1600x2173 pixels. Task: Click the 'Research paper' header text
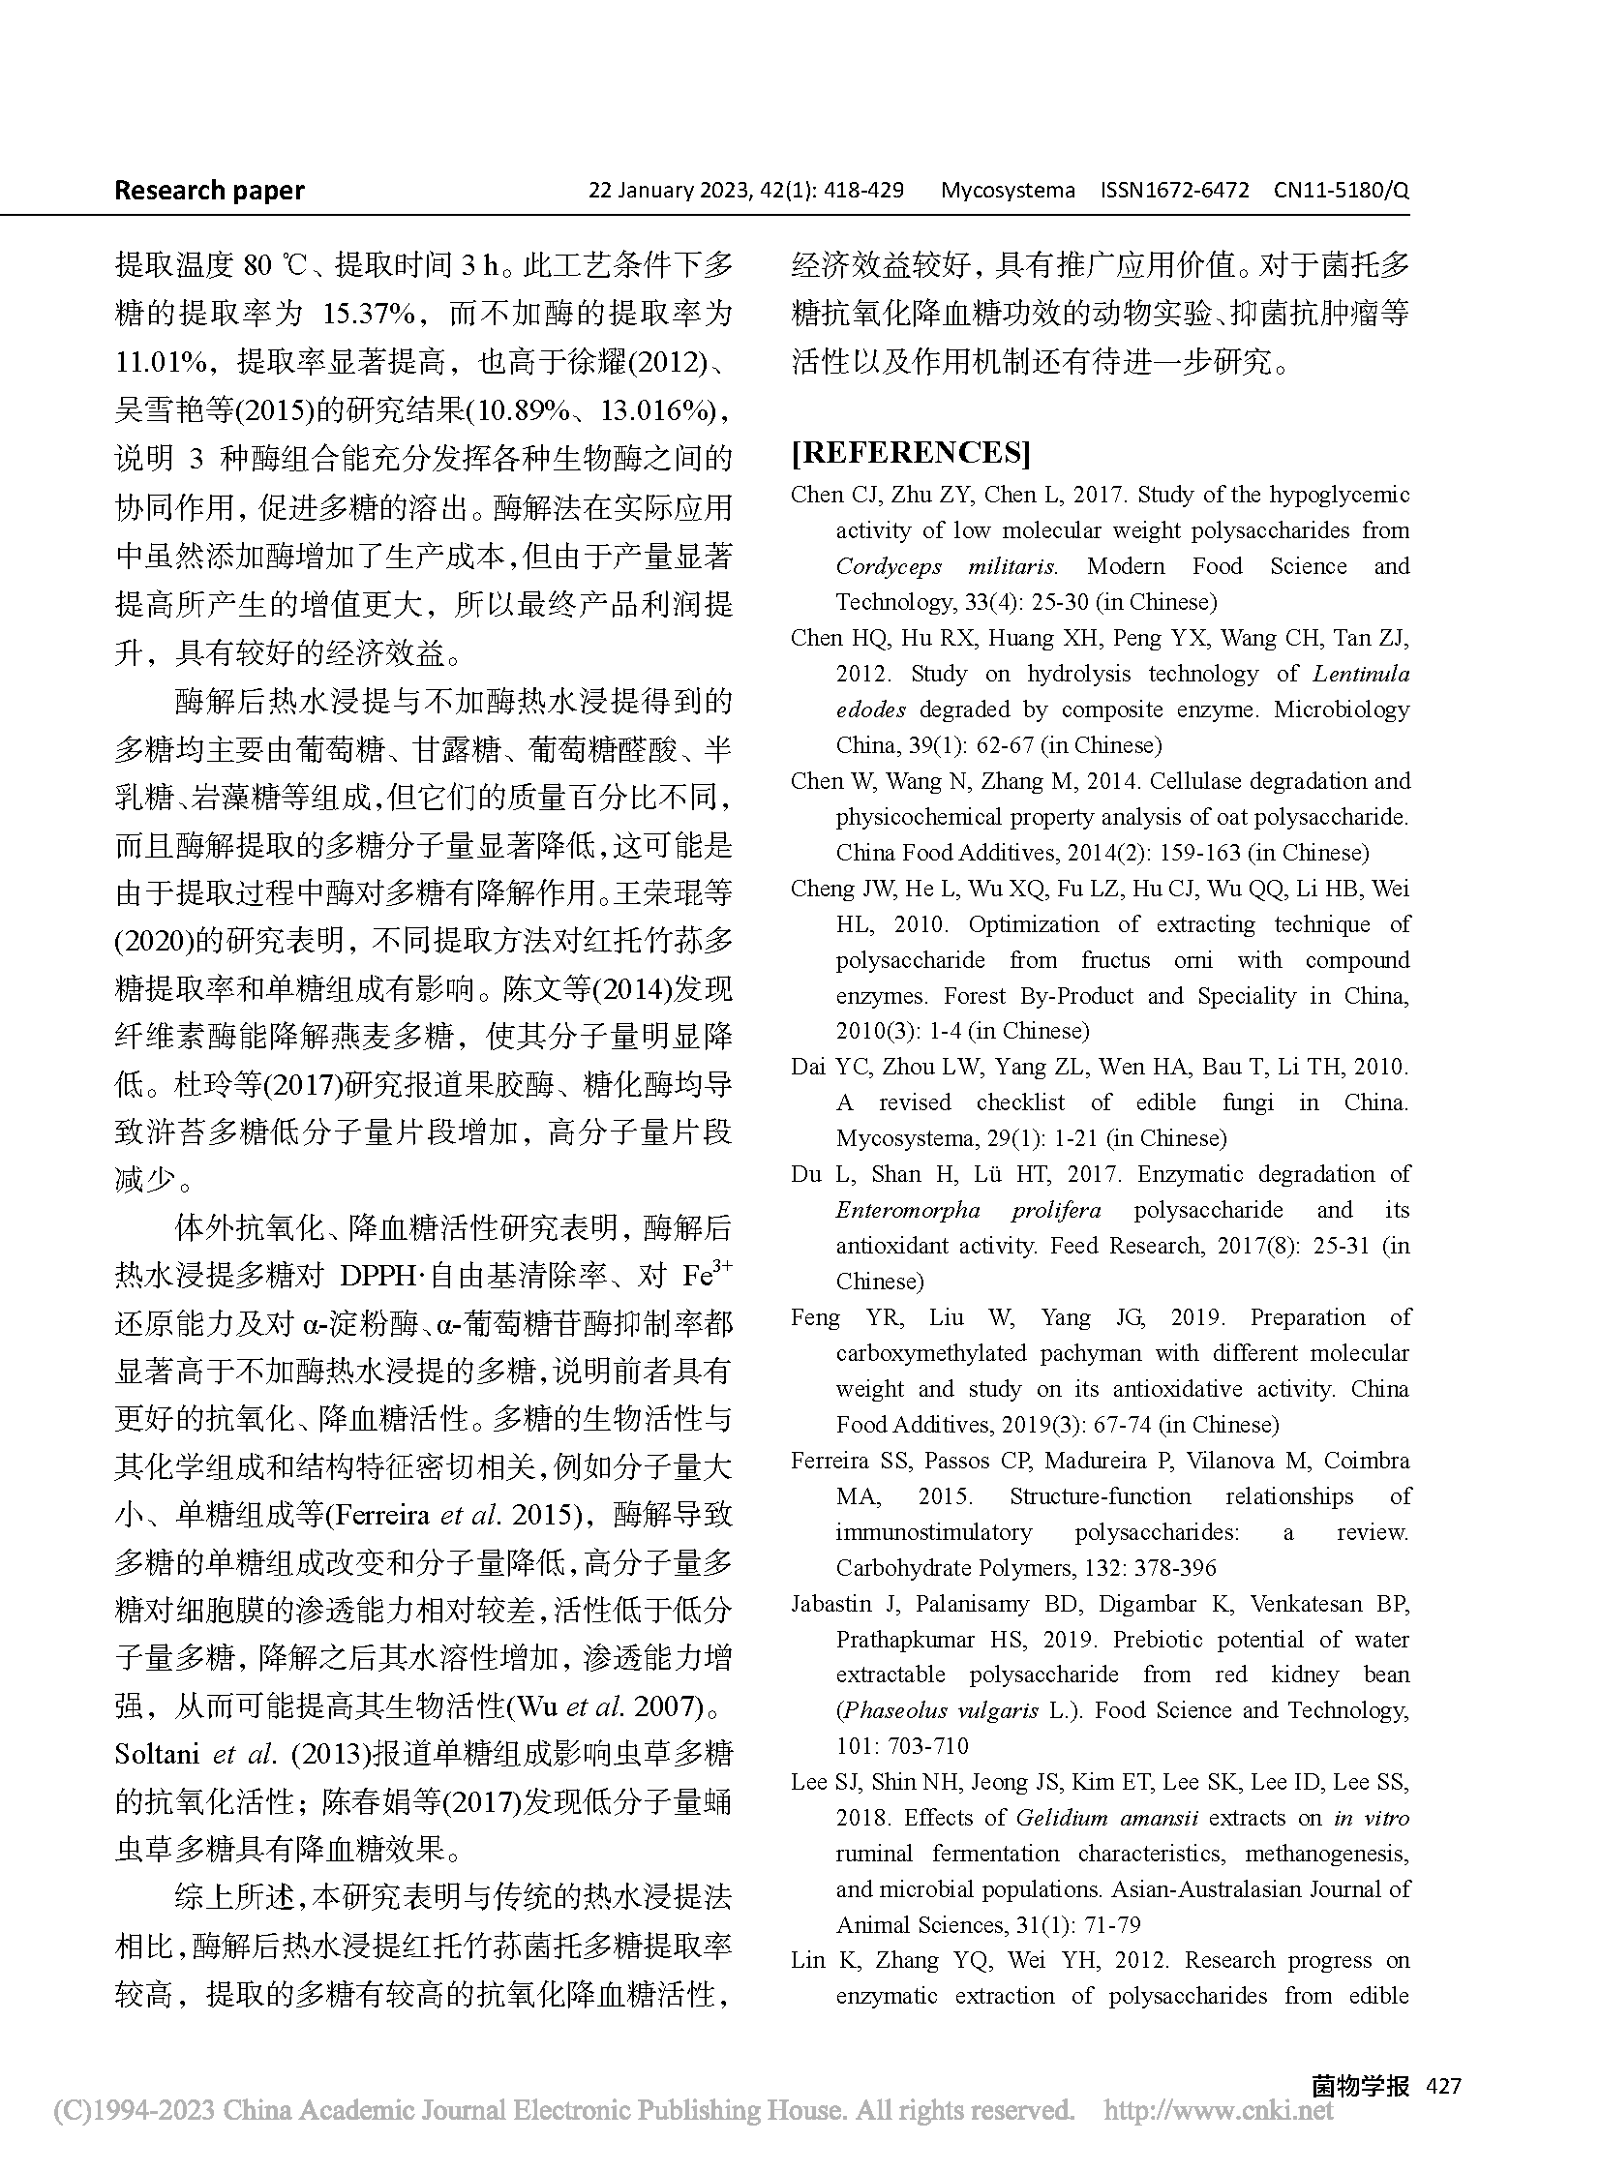(209, 191)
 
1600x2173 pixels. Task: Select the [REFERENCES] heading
(911, 453)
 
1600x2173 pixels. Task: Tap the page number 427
(1442, 2086)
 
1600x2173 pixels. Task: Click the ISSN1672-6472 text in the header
(1174, 191)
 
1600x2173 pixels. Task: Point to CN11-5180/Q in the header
(1342, 191)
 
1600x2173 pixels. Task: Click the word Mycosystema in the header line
(1008, 191)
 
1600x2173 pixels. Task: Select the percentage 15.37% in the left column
(368, 314)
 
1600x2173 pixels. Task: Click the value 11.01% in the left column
(162, 362)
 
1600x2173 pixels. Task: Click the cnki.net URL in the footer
(1219, 2109)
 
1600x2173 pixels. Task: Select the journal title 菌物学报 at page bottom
(1360, 2086)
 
